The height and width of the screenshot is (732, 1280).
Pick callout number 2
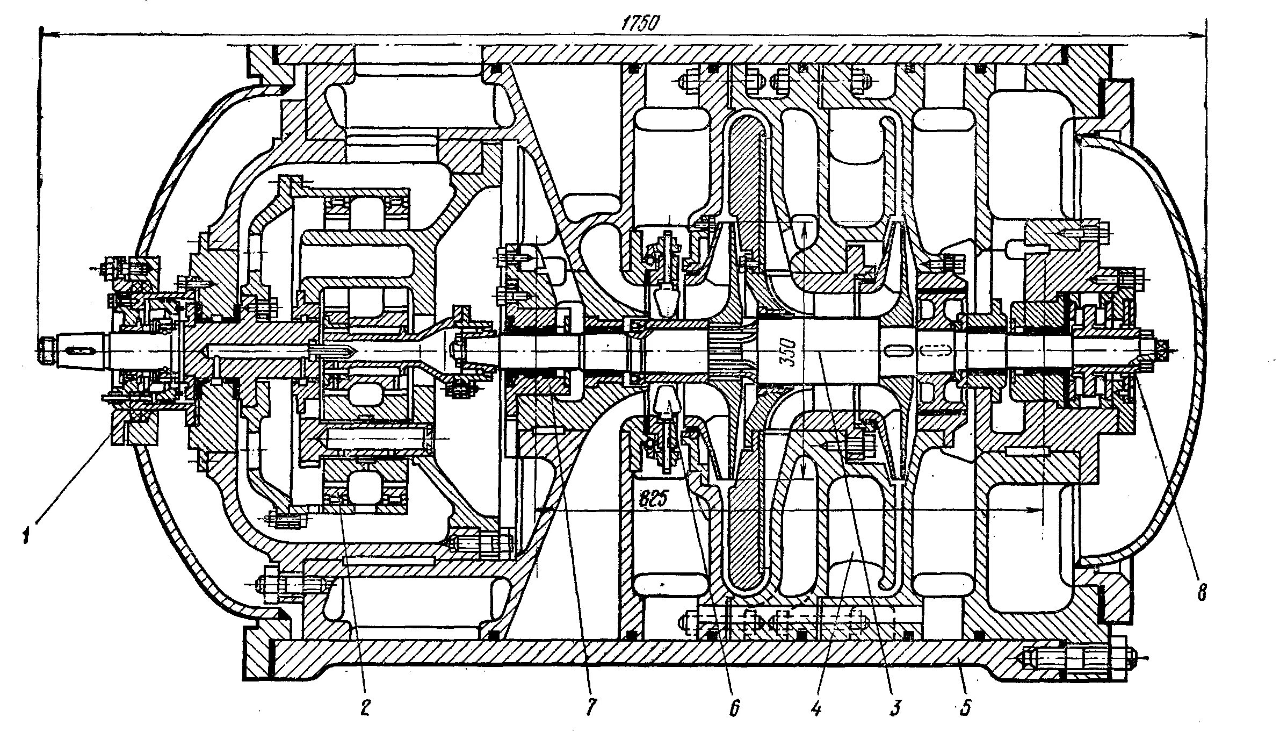click(365, 709)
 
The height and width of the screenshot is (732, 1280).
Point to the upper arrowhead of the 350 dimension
click(804, 228)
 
